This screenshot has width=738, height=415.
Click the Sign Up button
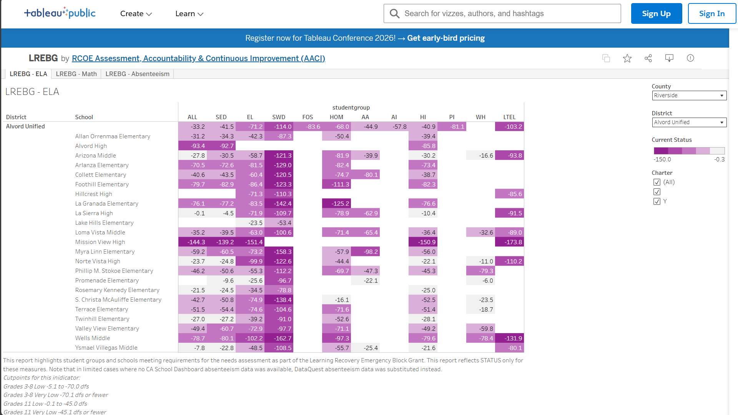(x=656, y=13)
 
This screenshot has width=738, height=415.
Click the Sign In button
(x=711, y=13)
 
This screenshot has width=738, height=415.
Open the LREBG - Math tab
(x=76, y=74)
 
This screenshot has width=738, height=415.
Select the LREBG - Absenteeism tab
(x=137, y=74)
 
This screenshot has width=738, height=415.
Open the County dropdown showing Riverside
(x=689, y=95)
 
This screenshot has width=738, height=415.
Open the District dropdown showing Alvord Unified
(x=689, y=122)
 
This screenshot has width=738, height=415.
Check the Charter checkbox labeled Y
(x=657, y=201)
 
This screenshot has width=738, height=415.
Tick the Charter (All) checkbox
(x=657, y=182)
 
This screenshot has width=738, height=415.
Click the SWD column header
(x=279, y=117)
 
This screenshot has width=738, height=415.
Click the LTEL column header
(x=509, y=117)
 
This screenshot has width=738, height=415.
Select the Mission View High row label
(x=100, y=242)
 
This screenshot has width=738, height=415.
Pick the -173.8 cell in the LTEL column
(x=510, y=242)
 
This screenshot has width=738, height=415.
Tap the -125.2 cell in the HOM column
(x=337, y=204)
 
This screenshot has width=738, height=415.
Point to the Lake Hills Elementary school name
(x=104, y=223)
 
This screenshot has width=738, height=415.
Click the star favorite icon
(x=627, y=58)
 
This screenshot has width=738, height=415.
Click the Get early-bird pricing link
(x=446, y=38)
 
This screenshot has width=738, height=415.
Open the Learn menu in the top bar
(x=189, y=14)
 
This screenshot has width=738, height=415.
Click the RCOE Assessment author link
(x=198, y=58)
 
